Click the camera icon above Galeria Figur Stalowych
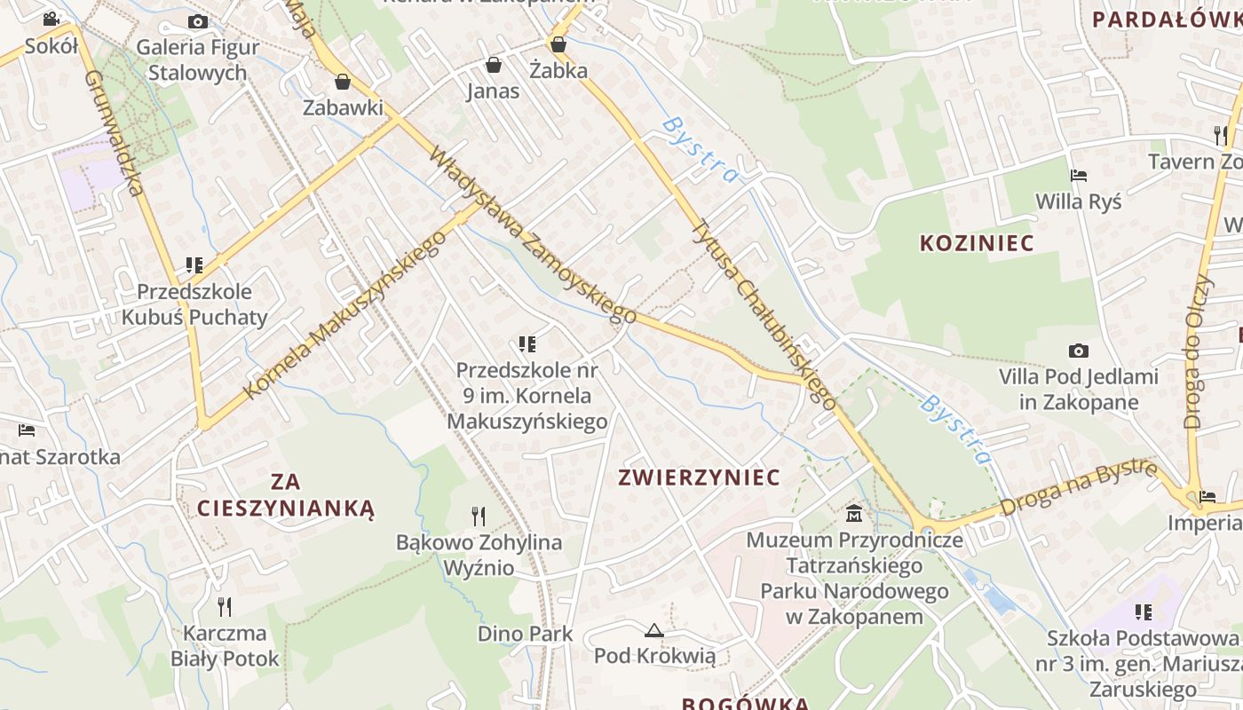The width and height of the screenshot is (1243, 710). click(x=198, y=21)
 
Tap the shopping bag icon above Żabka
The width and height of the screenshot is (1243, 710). click(x=558, y=43)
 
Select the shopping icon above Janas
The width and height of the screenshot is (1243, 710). click(x=493, y=65)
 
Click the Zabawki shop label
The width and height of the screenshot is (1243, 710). click(x=343, y=107)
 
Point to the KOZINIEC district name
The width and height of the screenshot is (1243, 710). click(x=977, y=243)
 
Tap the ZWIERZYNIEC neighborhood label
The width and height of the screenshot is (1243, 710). click(x=699, y=477)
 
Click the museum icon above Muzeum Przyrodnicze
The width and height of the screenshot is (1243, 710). click(x=854, y=513)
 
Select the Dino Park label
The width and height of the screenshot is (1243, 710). click(x=526, y=634)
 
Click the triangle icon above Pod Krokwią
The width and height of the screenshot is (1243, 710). click(x=654, y=631)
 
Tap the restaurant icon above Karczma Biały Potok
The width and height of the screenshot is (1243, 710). click(x=225, y=607)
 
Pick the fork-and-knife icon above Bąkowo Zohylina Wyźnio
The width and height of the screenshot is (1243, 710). click(x=479, y=516)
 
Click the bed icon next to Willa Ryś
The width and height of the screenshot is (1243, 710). click(x=1079, y=176)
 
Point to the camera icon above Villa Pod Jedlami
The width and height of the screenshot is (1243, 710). click(x=1079, y=351)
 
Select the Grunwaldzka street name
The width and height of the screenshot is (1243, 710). click(x=115, y=133)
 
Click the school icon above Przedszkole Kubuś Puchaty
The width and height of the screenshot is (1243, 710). click(x=194, y=265)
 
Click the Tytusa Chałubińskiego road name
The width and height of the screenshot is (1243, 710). click(x=764, y=315)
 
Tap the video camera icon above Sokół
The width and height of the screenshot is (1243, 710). click(x=51, y=19)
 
